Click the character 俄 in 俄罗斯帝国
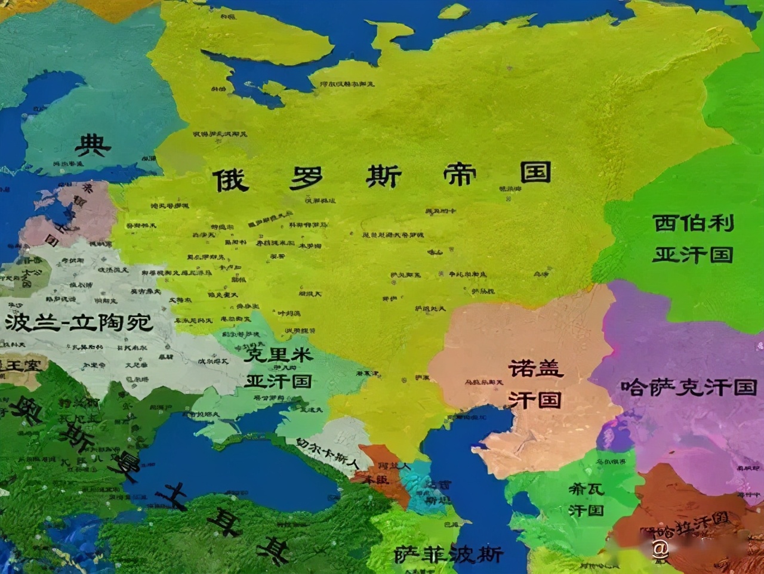[x=230, y=179]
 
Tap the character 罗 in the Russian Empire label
[x=307, y=177]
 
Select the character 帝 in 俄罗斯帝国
[x=460, y=174]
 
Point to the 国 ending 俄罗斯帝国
[x=535, y=172]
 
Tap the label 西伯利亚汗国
[x=692, y=239]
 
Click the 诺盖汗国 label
[x=535, y=384]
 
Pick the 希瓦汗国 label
[x=586, y=499]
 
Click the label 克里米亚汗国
[x=279, y=367]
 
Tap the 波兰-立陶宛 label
[x=79, y=323]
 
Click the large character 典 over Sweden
[x=93, y=145]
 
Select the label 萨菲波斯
[x=448, y=555]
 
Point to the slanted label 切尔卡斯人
[x=327, y=453]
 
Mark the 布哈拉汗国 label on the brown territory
[x=692, y=526]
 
